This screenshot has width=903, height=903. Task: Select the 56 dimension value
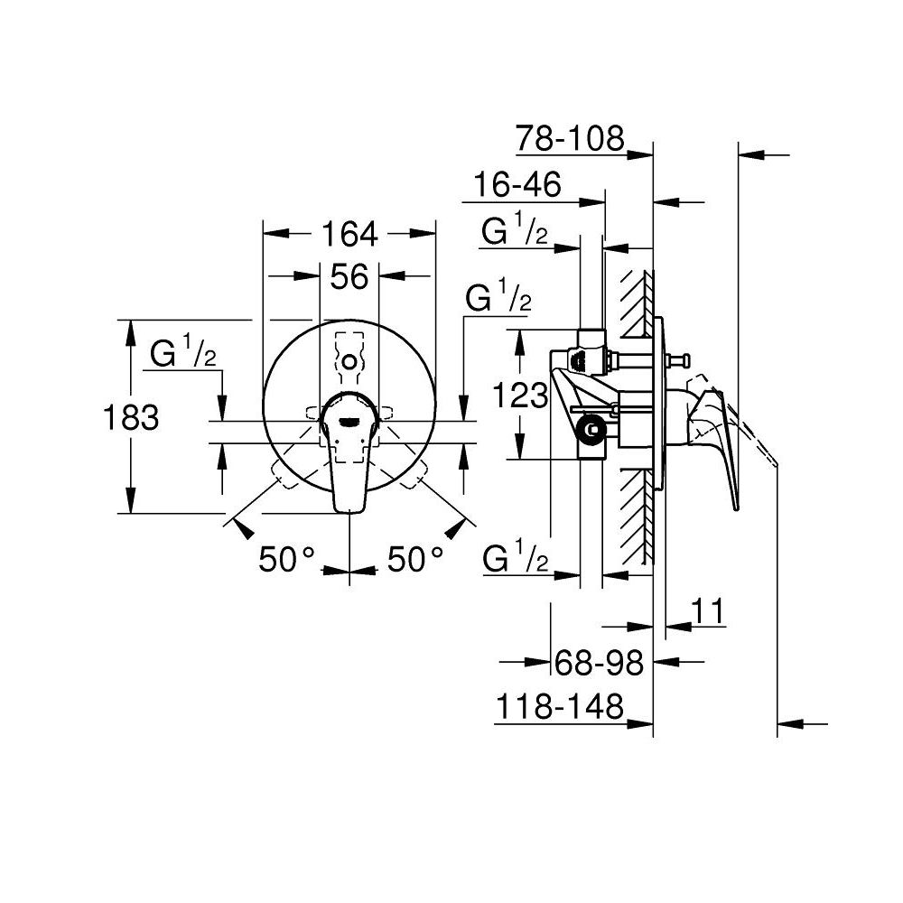[349, 277]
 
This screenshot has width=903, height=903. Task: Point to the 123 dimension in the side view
[522, 395]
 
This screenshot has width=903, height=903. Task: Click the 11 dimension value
[708, 611]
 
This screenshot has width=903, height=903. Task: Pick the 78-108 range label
[570, 138]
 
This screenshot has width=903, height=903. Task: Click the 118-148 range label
[559, 707]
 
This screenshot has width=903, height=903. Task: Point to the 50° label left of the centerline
[285, 560]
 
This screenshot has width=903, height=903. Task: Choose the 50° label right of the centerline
[415, 560]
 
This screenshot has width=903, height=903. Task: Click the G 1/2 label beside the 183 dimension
[183, 355]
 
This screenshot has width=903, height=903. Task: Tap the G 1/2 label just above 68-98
[515, 559]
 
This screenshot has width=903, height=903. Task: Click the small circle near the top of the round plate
[349, 362]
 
